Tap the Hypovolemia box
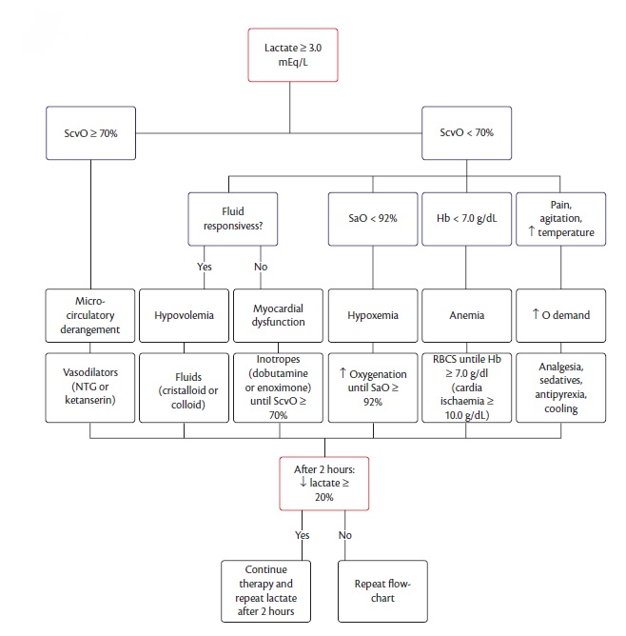[184, 315]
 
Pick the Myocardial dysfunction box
[277, 315]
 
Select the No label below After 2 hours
[345, 535]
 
